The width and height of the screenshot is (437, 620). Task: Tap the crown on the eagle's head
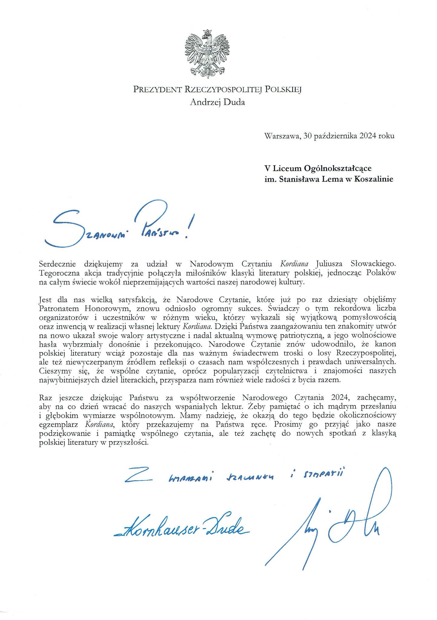(x=207, y=32)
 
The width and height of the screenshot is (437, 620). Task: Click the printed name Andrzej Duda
(x=217, y=102)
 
